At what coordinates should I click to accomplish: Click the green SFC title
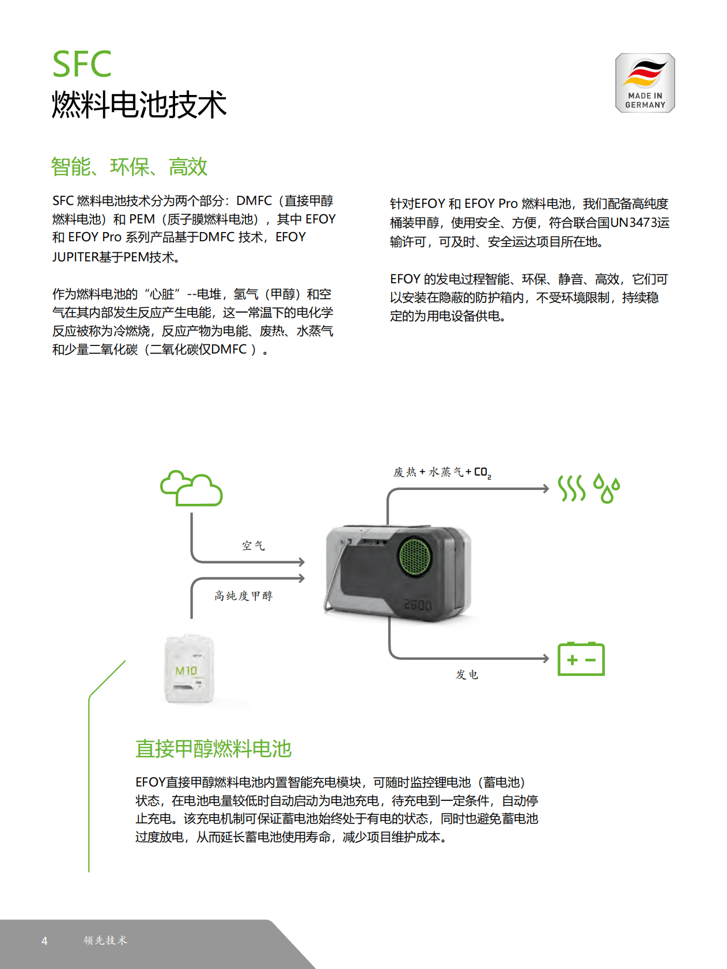[x=82, y=64]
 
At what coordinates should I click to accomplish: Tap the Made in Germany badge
[x=645, y=83]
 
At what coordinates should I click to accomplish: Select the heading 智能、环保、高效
[x=129, y=167]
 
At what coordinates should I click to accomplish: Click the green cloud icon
[x=191, y=489]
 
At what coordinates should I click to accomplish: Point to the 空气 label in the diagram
[x=253, y=546]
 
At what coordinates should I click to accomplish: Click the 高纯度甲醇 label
[x=243, y=596]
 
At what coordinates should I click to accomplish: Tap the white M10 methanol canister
[x=189, y=670]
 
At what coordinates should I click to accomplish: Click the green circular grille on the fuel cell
[x=415, y=556]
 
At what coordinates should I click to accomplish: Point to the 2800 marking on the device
[x=418, y=605]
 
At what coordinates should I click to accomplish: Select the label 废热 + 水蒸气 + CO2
[x=442, y=473]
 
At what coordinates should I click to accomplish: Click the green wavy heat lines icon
[x=571, y=489]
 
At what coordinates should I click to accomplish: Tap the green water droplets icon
[x=607, y=489]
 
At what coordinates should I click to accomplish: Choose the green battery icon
[x=581, y=659]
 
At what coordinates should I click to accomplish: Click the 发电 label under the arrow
[x=467, y=675]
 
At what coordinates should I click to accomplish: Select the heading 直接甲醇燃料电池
[x=213, y=749]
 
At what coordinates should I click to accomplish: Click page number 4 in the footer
[x=44, y=941]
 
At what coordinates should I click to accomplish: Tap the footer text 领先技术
[x=105, y=940]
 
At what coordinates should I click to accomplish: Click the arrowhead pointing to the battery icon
[x=546, y=658]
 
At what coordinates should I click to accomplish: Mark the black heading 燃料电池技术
[x=139, y=105]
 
